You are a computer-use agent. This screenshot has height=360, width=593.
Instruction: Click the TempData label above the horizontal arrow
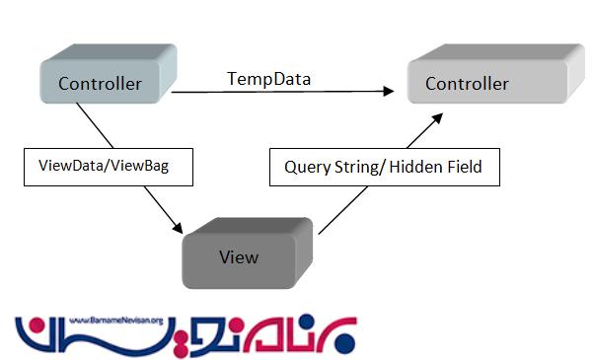pos(268,77)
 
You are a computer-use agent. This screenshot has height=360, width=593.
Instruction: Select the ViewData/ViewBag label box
pos(107,166)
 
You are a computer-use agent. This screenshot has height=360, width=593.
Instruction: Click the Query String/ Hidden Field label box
pos(383,167)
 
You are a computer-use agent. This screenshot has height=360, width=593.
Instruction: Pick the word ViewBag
pos(141,166)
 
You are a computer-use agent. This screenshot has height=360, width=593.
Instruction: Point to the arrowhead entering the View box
pos(178,228)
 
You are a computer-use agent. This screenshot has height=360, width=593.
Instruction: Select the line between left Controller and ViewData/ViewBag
pos(95,126)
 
